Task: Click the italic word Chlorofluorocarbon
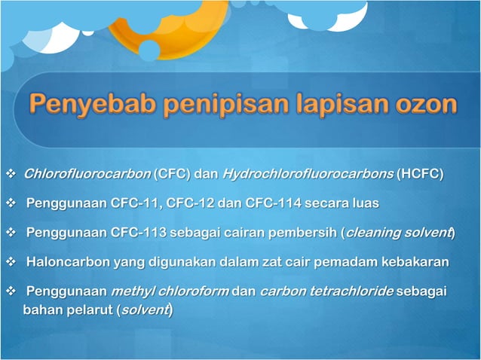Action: pyautogui.click(x=87, y=175)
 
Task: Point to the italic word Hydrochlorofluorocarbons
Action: pyautogui.click(x=308, y=175)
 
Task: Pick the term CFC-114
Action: pyautogui.click(x=272, y=203)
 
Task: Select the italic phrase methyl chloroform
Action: pyautogui.click(x=170, y=291)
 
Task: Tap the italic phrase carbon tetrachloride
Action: pyautogui.click(x=325, y=291)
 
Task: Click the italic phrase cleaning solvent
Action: pyautogui.click(x=397, y=232)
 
